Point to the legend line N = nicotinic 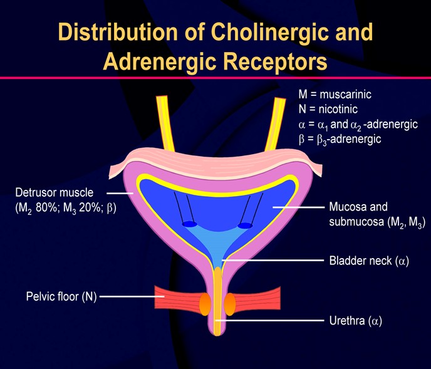click(x=330, y=109)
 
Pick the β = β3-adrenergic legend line click(x=340, y=138)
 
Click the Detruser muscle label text click(x=54, y=192)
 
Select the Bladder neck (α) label click(x=369, y=260)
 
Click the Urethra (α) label click(x=355, y=321)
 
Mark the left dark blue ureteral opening click(x=189, y=224)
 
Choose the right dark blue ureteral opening click(x=245, y=225)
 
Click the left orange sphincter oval click(x=205, y=303)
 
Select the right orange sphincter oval click(x=230, y=303)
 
